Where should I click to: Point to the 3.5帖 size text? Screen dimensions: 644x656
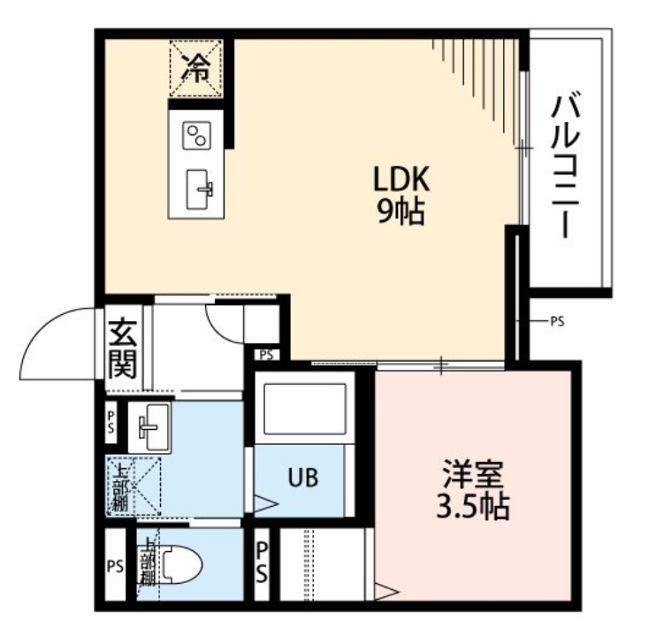coord(473,509)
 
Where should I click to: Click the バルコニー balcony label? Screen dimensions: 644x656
coord(563,165)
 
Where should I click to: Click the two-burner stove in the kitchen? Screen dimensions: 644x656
coord(196,135)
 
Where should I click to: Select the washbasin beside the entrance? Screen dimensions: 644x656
coord(154,425)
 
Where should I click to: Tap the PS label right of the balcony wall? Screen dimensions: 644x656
coord(556,321)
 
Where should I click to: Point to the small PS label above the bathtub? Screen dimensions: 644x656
coord(266,356)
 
